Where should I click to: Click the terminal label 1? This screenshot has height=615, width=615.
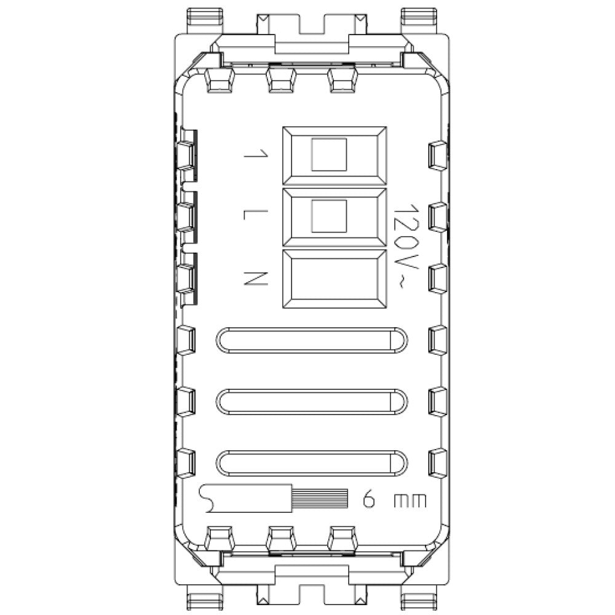(x=251, y=154)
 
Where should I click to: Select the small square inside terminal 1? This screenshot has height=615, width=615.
(x=329, y=154)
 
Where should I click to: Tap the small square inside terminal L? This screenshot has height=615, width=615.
(x=329, y=216)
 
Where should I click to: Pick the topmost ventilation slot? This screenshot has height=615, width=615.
(x=311, y=340)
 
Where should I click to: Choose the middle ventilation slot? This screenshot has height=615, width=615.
(x=311, y=401)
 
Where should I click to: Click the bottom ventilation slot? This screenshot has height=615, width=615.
(x=311, y=462)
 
